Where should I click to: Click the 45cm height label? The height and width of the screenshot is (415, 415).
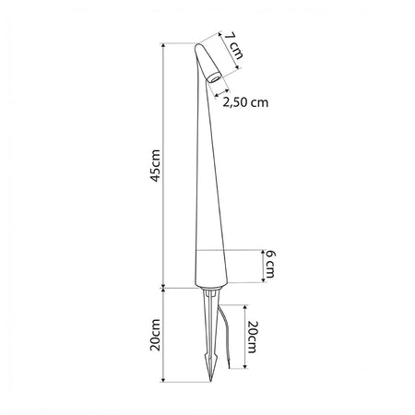click(156, 166)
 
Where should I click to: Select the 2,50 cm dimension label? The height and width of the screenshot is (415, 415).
click(245, 102)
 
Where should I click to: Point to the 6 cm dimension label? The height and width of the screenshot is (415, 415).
click(270, 264)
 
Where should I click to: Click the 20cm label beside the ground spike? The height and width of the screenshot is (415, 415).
click(155, 335)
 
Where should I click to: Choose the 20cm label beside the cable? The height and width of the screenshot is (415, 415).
click(253, 337)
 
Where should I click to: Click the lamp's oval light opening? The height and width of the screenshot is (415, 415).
click(213, 78)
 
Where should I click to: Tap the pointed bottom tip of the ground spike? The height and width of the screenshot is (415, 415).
click(211, 382)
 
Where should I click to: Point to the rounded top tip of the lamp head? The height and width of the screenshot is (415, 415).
click(197, 45)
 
